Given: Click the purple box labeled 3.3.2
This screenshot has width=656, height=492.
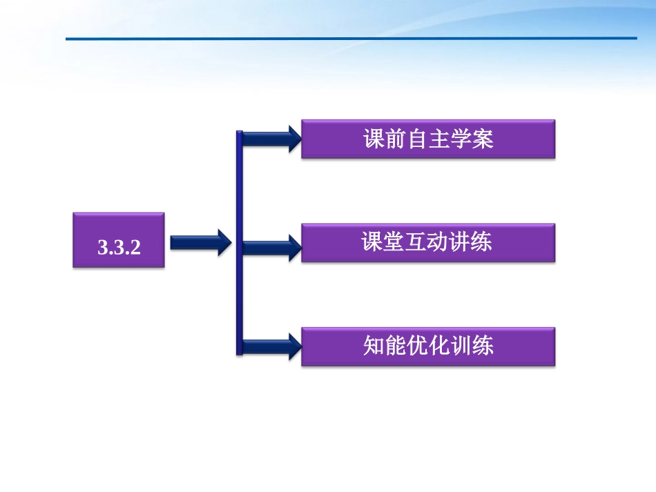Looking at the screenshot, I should coord(119,240).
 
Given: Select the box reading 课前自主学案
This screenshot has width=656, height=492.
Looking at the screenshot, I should coord(428,139).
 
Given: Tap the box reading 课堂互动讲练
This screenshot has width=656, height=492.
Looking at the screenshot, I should coord(428,242).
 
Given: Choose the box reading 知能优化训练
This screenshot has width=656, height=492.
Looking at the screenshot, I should coord(428,346).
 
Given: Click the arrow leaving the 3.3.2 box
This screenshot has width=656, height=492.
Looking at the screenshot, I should coord(200,242).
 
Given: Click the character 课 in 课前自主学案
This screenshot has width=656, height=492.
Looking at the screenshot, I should coord(374,139).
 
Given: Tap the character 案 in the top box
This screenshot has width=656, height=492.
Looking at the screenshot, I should coord(483,139).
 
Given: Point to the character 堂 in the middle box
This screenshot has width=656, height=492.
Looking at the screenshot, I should coord(395,242).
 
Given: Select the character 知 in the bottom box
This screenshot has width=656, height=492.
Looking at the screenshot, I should coord(374,346).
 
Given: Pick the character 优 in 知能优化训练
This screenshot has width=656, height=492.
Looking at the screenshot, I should coord(417,346).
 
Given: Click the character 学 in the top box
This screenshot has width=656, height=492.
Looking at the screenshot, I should coord(461,139).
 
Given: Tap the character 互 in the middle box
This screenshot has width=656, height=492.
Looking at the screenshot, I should coord(417,242).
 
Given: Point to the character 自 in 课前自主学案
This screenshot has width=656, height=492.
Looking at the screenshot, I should coord(417,139).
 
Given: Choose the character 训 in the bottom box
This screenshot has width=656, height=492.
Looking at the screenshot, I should coord(461,346).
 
